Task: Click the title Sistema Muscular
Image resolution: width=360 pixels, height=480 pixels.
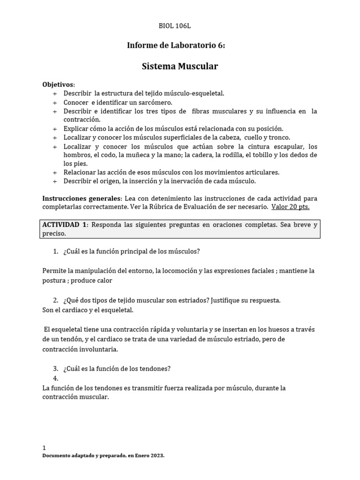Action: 180,66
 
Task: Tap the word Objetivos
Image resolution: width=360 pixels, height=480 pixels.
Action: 58,84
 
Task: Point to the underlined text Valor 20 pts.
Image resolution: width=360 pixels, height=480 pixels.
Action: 291,206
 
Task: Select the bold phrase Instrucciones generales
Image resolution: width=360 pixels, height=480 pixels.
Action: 82,197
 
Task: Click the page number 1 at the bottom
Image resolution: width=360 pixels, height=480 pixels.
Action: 44,448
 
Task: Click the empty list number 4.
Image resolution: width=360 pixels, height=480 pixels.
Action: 55,378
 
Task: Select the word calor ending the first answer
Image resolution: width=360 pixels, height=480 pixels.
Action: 105,280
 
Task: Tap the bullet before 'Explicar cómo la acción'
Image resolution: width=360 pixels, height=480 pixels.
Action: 54,128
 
